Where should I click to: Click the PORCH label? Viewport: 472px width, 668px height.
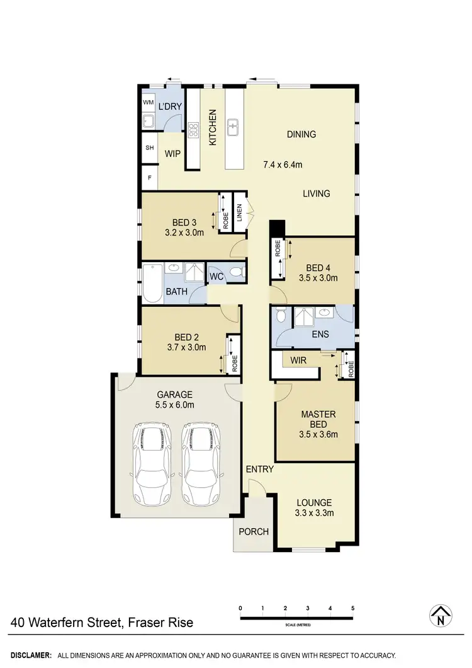click(254, 531)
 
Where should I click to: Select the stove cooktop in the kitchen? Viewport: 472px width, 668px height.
click(193, 130)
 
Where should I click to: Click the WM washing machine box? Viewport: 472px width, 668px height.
click(148, 102)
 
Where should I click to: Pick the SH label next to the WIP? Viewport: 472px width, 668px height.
click(150, 147)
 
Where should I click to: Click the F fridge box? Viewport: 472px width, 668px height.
click(150, 177)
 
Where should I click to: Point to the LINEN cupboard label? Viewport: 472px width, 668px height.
click(239, 212)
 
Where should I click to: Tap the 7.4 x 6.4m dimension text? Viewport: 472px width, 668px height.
click(283, 165)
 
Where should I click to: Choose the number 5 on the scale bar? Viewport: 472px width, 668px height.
click(353, 608)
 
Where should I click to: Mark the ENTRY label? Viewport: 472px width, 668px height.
click(259, 469)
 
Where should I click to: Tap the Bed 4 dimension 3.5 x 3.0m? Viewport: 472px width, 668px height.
click(318, 277)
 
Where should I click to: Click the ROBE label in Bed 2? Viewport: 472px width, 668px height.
click(234, 365)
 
